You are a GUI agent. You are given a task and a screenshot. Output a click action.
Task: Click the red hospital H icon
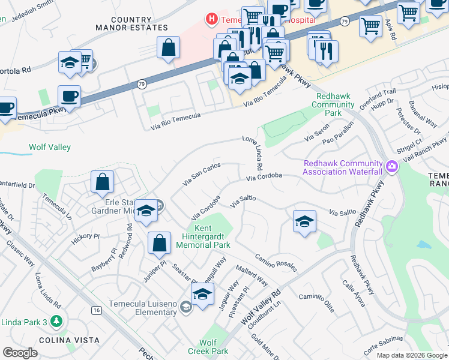211,19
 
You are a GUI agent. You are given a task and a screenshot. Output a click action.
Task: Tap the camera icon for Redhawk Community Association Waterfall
393,166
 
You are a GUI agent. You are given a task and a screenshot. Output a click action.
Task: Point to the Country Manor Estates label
130,23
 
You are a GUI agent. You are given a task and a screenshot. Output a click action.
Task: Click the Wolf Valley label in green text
50,147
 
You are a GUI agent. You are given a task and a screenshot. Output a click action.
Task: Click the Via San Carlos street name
202,173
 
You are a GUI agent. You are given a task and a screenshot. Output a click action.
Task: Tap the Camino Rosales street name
276,261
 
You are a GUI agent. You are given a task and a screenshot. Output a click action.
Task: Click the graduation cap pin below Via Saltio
304,220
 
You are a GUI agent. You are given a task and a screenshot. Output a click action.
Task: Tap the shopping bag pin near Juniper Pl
160,242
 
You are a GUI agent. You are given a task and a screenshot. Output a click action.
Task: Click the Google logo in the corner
20,353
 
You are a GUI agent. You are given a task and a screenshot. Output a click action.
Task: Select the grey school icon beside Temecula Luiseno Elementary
185,308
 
